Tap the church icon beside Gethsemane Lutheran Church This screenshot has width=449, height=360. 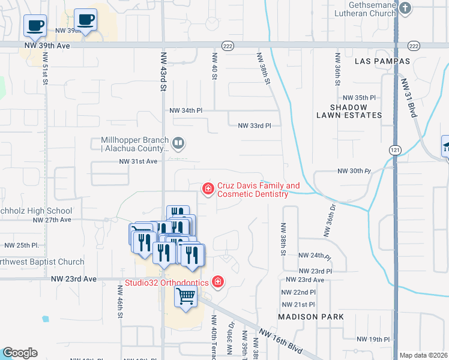tap(406, 8)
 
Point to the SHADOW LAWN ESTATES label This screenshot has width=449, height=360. tap(348, 110)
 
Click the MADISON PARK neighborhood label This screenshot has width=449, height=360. tap(311, 316)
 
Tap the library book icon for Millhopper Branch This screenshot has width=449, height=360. tap(178, 143)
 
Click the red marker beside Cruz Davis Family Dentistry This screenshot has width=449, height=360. tap(208, 190)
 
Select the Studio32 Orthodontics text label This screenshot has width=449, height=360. tap(167, 282)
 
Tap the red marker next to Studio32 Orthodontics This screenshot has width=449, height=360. tap(218, 281)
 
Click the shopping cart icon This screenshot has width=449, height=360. tap(186, 296)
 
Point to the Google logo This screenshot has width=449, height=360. tap(20, 353)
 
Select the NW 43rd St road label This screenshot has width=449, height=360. tap(163, 70)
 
